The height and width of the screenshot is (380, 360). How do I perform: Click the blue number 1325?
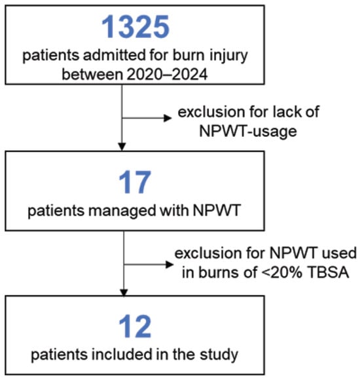pyautogui.click(x=135, y=27)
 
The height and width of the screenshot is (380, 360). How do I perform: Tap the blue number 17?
pyautogui.click(x=135, y=182)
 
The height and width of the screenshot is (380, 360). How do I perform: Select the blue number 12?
pyautogui.click(x=135, y=326)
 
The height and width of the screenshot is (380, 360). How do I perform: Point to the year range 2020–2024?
pyautogui.click(x=167, y=74)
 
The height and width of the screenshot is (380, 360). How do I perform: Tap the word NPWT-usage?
pyautogui.click(x=248, y=132)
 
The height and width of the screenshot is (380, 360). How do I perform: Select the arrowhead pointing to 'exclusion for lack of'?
pyautogui.click(x=168, y=119)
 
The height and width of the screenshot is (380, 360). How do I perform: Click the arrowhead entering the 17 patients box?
pyautogui.click(x=122, y=147)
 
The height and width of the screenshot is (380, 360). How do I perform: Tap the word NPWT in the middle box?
pyautogui.click(x=217, y=210)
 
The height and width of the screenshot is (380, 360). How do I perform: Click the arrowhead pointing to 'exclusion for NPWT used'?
pyautogui.click(x=170, y=265)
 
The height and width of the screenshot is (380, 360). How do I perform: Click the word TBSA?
pyautogui.click(x=329, y=273)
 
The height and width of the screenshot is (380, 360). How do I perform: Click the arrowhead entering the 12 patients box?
pyautogui.click(x=124, y=292)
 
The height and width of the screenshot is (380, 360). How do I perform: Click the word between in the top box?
pyautogui.click(x=92, y=74)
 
